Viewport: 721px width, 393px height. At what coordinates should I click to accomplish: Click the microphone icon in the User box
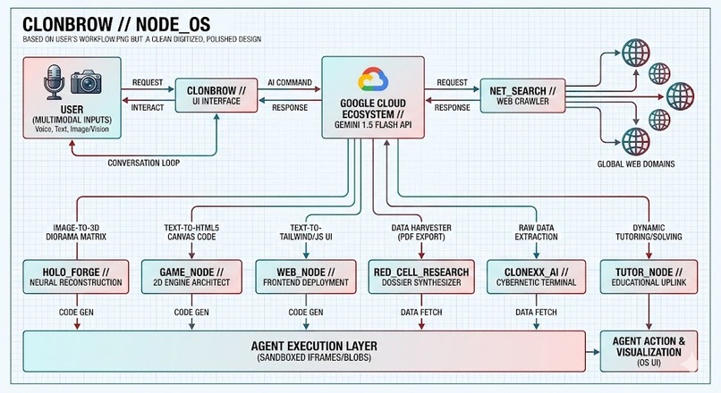[54, 82]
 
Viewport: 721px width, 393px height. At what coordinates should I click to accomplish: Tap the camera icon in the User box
[86, 82]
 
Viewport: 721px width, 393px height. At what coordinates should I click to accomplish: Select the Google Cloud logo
[373, 80]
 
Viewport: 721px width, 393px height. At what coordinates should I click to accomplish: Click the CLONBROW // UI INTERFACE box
[216, 96]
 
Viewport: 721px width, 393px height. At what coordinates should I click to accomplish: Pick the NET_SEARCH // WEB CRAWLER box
[522, 96]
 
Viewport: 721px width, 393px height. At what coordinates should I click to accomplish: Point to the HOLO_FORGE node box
[76, 277]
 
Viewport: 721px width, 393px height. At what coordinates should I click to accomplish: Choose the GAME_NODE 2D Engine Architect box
[191, 277]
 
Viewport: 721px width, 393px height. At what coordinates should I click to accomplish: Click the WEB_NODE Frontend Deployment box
[306, 277]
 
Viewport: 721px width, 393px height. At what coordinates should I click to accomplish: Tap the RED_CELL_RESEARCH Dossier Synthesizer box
[421, 277]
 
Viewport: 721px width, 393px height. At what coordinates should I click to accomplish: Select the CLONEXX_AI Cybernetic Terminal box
[536, 277]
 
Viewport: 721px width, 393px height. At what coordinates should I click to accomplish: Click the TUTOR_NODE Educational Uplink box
[649, 277]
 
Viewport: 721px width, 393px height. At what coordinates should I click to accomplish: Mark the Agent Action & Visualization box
[649, 351]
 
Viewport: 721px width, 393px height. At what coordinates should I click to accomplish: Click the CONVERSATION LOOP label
[143, 163]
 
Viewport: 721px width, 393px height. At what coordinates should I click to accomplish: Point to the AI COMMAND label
[290, 83]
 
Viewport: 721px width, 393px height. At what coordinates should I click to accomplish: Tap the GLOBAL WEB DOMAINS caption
[636, 164]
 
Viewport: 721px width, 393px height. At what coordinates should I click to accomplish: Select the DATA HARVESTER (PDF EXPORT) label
[421, 232]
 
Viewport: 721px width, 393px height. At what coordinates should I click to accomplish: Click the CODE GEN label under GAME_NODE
[191, 313]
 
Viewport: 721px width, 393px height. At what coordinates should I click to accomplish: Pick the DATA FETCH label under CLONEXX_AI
[536, 313]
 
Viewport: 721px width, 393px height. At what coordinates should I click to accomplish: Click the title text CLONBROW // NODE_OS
[116, 24]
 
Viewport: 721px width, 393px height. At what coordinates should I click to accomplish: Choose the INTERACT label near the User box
[148, 107]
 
